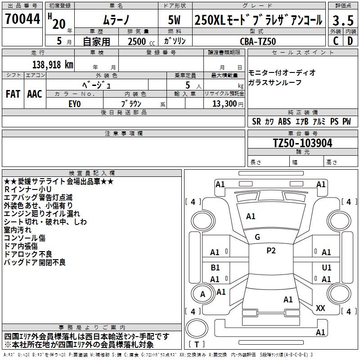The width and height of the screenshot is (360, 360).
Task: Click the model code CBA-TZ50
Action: click(257, 41)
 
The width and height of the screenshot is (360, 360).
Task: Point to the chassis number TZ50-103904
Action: click(303, 143)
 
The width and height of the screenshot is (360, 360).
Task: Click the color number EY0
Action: click(74, 103)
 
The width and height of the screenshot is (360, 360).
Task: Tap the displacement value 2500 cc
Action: click(138, 41)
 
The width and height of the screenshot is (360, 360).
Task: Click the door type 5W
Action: click(175, 20)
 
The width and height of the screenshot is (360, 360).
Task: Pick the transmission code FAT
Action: click(13, 94)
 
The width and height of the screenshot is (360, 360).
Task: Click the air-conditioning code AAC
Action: click(34, 94)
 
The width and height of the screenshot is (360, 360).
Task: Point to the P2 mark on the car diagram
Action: click(271, 251)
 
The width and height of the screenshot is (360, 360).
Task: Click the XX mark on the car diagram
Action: click(320, 308)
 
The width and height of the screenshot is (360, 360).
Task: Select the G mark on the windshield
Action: click(257, 237)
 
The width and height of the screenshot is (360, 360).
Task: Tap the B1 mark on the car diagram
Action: click(215, 267)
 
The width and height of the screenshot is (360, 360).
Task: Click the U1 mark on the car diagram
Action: click(327, 267)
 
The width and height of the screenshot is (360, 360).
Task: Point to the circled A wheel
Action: click(202, 294)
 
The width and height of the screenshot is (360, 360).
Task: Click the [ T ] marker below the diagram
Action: click(198, 345)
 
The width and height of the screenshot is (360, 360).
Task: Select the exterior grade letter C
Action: click(335, 41)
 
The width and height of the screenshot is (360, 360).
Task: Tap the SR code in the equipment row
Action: click(256, 121)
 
